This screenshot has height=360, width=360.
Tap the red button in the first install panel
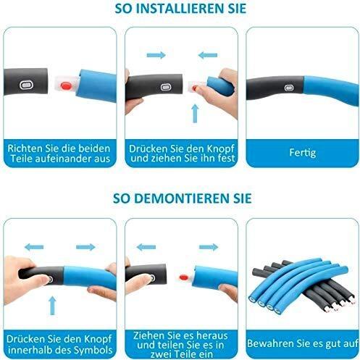click(x=66, y=85)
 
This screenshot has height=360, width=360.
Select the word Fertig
click(x=303, y=153)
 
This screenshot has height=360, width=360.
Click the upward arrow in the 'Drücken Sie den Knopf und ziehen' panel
click(x=195, y=114)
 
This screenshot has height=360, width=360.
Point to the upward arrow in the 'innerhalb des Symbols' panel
click(x=52, y=306)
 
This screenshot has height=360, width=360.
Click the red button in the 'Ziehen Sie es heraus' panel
click(x=184, y=277)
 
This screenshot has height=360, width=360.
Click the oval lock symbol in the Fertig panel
click(x=288, y=88)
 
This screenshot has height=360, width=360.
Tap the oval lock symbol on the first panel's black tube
click(x=25, y=85)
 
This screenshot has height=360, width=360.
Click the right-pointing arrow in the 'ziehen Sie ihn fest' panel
click(x=156, y=55)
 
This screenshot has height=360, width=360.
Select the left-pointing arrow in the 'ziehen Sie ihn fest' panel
click(x=208, y=55)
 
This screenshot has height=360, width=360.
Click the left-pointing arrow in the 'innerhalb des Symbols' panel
click(x=34, y=247)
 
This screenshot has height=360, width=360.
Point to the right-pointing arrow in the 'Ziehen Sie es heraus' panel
click(x=209, y=247)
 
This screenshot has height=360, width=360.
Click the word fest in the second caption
click(x=226, y=158)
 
